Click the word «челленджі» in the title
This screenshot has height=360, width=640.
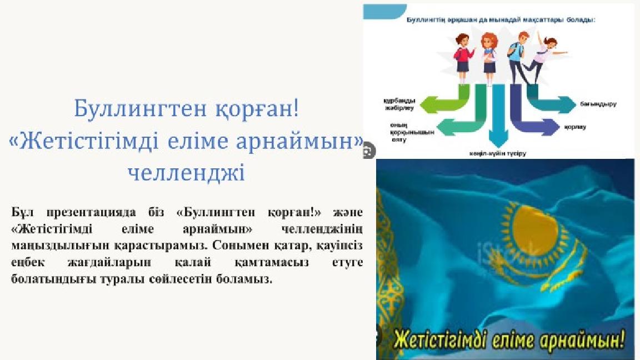coord(186,173)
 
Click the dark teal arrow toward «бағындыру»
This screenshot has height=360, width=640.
coord(556,103)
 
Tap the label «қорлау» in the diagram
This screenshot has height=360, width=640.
coord(575,127)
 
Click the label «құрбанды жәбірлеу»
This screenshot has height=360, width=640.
coord(397,104)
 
